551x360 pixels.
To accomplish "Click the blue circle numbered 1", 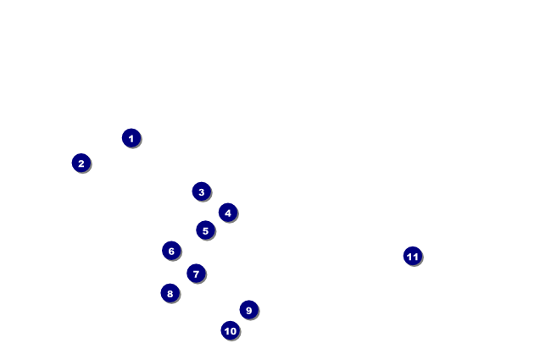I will point(131,138).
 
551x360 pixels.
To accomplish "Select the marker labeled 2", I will point(81,163).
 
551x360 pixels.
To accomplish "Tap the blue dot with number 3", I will point(201,191).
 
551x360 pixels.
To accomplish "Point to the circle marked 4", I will point(227,213).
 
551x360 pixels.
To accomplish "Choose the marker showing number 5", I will point(205,230).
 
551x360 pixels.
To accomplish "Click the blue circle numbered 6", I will point(171,251).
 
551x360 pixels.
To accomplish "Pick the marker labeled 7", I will point(196,274).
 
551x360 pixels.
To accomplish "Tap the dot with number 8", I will point(170,293).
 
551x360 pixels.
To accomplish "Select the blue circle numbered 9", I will point(248,310).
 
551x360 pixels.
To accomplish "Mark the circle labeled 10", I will point(230,330).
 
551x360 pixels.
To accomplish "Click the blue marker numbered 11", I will point(412,256).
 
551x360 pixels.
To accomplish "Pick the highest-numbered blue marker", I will point(412,256).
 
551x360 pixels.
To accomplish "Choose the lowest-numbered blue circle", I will point(131,138).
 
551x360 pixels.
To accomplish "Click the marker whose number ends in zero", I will point(230,330).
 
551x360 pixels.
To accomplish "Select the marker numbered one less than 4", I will point(201,191).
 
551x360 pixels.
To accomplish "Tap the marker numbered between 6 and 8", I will point(196,274).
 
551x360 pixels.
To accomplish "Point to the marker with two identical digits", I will point(412,256).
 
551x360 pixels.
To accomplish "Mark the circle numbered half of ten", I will point(205,230).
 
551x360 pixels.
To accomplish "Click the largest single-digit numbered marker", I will point(248,310).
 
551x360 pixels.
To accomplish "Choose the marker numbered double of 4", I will point(170,293).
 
